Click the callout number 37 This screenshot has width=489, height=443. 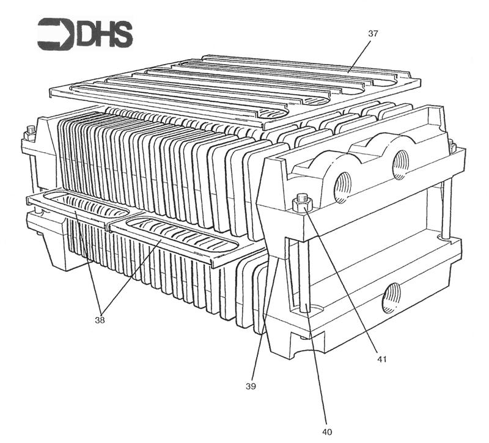point(373,34)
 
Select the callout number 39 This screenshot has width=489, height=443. point(250,386)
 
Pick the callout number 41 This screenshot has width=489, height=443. point(381,359)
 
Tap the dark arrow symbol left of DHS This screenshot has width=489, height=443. point(55,34)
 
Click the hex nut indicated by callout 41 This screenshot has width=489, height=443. point(301,204)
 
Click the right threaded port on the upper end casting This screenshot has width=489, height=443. point(400,164)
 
